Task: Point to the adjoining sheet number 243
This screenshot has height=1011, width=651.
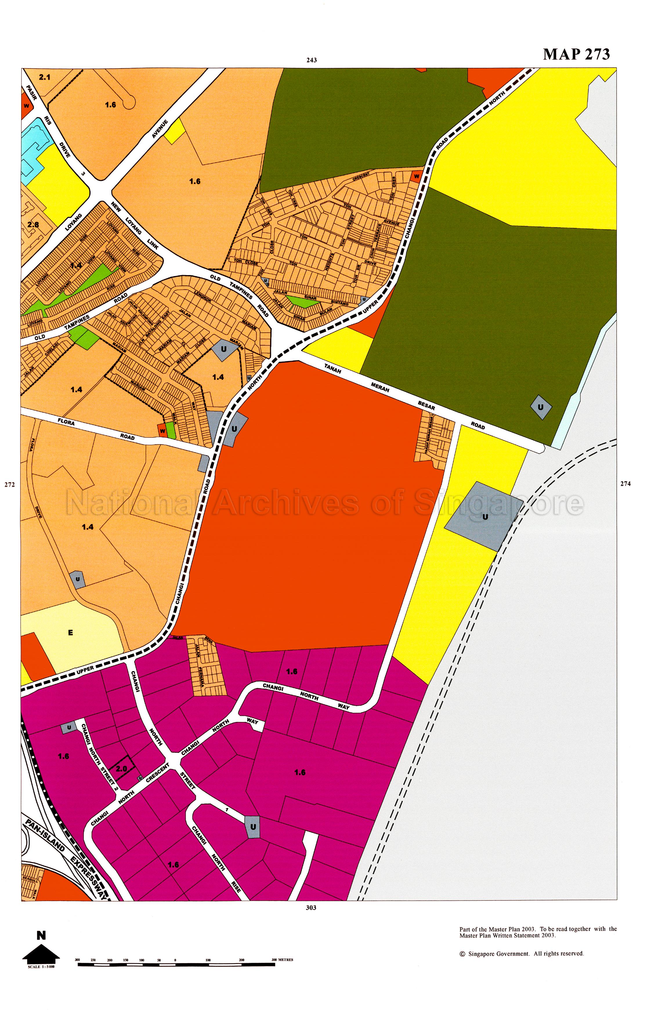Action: coord(312,60)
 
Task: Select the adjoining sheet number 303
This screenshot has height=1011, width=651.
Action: coord(311,907)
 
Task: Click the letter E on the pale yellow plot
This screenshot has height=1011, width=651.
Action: coord(70,633)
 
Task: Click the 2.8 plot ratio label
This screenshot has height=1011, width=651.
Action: coord(33,225)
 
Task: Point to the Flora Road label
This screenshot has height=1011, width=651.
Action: coord(97,429)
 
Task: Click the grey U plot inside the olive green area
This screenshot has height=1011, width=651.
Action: coord(541,407)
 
